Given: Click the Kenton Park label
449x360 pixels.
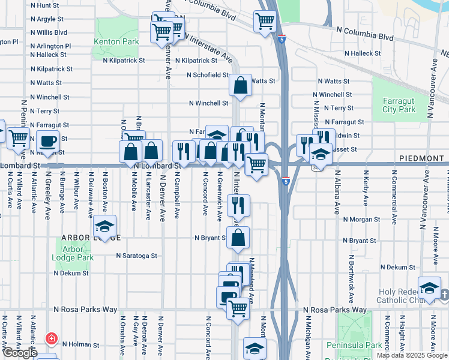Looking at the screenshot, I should (116, 42).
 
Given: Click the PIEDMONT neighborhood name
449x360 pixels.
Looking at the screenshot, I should (420, 157).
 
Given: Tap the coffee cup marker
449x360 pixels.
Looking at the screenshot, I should (47, 142).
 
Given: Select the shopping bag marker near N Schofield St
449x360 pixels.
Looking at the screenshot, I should (240, 86).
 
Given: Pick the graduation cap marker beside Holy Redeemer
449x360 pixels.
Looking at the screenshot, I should (429, 287).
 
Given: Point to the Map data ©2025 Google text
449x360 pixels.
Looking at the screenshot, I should (412, 355).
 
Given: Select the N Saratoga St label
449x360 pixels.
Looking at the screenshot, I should (136, 256).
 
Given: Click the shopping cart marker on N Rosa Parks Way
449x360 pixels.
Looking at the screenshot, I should (238, 307).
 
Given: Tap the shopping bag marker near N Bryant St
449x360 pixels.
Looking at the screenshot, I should (238, 237).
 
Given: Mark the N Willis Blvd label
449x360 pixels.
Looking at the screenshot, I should (49, 32).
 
